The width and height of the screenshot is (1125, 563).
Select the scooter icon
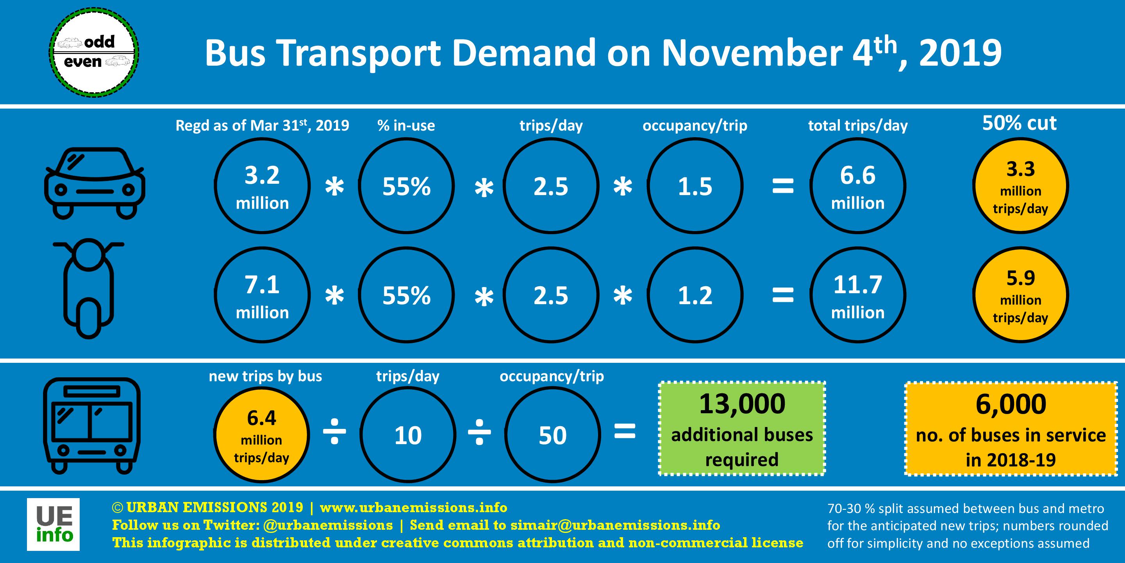89,289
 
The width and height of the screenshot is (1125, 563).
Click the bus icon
92,426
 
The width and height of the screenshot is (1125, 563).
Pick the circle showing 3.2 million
262,186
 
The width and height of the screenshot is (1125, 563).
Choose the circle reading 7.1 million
262,296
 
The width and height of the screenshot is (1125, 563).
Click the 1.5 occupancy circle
695,186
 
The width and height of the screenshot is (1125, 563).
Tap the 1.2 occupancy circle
695,296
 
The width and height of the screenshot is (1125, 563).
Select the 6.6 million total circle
858,186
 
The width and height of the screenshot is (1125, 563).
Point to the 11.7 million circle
858,296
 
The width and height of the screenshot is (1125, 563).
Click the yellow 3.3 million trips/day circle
1021,186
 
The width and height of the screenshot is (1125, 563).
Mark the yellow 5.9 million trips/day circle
1021,296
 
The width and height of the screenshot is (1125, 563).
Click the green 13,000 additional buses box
742,429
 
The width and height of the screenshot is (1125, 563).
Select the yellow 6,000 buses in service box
1011,429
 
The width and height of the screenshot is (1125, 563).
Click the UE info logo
53,524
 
